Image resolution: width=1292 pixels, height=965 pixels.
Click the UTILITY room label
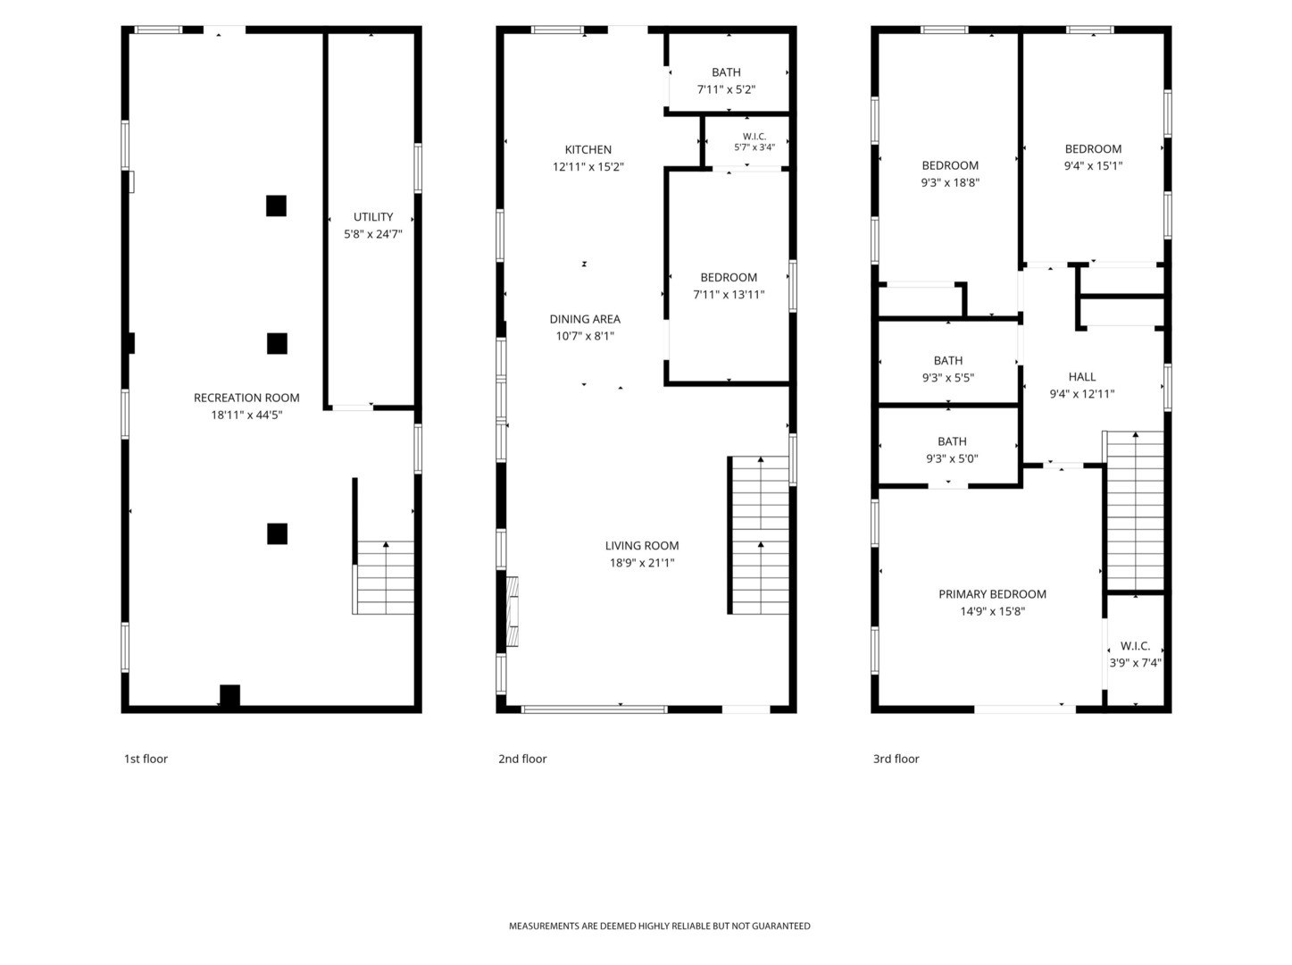(373, 216)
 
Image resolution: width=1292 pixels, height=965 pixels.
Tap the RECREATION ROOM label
(246, 398)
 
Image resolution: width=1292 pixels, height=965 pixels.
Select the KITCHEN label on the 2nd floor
(588, 149)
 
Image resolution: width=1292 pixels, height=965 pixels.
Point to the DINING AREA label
(585, 319)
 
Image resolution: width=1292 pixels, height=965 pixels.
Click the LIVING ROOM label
(642, 546)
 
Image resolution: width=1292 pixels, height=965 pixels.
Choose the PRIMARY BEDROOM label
(992, 594)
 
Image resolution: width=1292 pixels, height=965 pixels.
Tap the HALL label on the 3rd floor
(1082, 377)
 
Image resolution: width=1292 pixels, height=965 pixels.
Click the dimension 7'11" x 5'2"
(726, 89)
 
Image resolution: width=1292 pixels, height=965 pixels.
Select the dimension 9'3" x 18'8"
(950, 182)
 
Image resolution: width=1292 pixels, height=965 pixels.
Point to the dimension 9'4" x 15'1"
(1093, 166)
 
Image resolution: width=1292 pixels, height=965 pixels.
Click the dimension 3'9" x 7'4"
(1135, 663)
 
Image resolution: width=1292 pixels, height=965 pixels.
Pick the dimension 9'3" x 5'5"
(947, 377)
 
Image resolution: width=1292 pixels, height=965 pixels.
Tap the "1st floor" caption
(146, 759)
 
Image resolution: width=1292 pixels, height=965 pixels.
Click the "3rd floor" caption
(896, 759)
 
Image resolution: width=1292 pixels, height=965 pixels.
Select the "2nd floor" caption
(522, 759)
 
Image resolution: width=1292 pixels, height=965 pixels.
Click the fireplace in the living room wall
(513, 611)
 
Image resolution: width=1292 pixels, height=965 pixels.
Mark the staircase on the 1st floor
(383, 577)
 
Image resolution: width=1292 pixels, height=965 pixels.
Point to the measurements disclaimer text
(659, 927)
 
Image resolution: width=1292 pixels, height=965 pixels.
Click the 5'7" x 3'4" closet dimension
(754, 147)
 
